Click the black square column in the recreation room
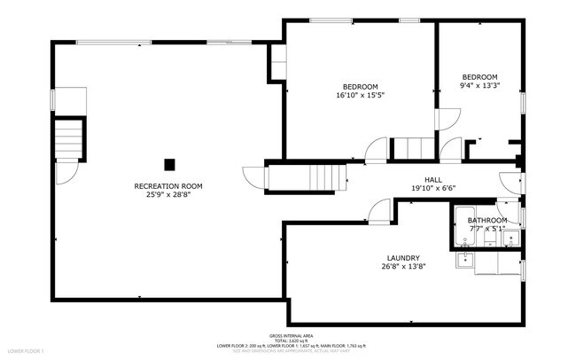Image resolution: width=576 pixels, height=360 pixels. (169, 163)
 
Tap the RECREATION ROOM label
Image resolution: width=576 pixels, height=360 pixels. (168, 186)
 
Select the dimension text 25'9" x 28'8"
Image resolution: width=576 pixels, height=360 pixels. (168, 194)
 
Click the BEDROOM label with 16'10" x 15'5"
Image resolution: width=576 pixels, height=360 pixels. (361, 87)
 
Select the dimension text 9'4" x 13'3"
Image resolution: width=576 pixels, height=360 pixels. (479, 86)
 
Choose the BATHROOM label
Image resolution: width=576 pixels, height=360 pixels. (487, 220)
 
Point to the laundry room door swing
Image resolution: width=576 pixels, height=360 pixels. (379, 210)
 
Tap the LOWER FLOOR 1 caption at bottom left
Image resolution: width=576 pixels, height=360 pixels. (26, 352)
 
